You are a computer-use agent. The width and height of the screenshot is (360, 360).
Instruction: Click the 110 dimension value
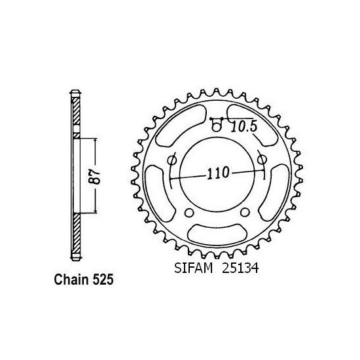(x=218, y=173)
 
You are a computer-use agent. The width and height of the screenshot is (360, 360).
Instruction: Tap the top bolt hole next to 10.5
(x=216, y=124)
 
